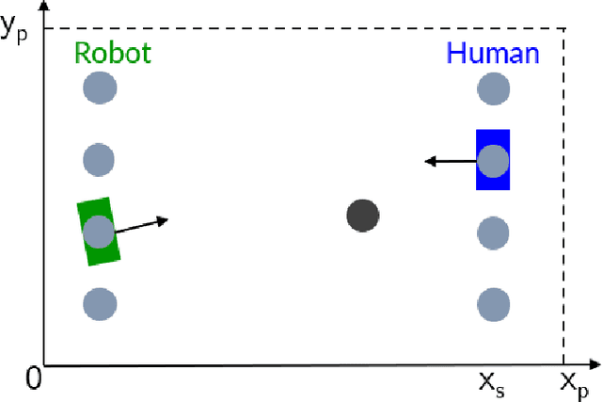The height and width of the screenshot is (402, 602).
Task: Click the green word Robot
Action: pyautogui.click(x=113, y=53)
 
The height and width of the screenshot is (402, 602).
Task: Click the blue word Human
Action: pyautogui.click(x=493, y=53)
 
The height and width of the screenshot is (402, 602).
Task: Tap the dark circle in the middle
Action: pyautogui.click(x=362, y=216)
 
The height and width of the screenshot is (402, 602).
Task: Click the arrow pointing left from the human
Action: pyautogui.click(x=450, y=162)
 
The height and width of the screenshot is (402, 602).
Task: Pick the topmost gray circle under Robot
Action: pyautogui.click(x=99, y=89)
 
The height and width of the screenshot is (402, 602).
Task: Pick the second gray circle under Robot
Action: pyautogui.click(x=99, y=159)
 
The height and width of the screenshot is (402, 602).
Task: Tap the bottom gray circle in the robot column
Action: pyautogui.click(x=99, y=304)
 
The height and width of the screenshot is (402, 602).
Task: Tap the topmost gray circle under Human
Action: pyautogui.click(x=493, y=89)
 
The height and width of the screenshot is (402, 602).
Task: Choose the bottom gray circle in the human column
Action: pyautogui.click(x=493, y=304)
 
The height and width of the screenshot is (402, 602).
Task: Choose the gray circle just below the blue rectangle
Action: pyautogui.click(x=493, y=232)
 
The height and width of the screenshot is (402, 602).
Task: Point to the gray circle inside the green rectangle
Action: pyautogui.click(x=98, y=232)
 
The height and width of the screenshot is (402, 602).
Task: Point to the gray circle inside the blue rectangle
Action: pyautogui.click(x=493, y=161)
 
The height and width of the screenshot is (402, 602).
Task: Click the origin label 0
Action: pyautogui.click(x=34, y=379)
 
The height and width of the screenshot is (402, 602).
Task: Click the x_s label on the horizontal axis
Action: pyautogui.click(x=492, y=384)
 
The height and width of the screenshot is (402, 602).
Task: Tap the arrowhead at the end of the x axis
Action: pyautogui.click(x=594, y=364)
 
